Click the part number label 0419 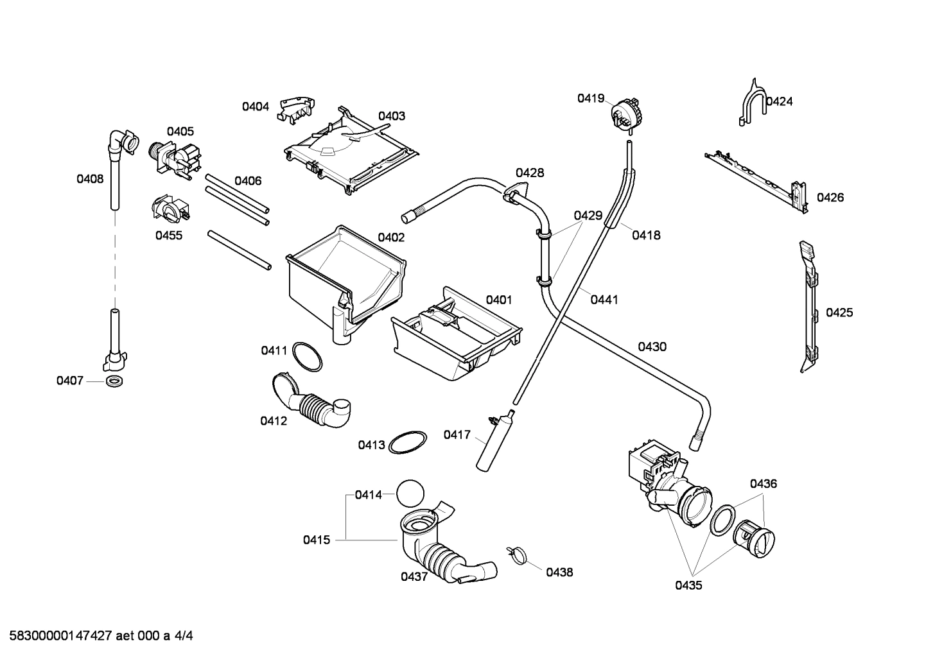590,98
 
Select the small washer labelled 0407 115,381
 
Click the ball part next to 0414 411,495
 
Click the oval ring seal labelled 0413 408,442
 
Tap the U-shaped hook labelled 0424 751,103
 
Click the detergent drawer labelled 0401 456,337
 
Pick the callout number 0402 391,237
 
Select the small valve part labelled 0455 169,209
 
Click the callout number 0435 688,585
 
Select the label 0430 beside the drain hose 652,347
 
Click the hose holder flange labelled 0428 515,193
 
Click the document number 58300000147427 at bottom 57,636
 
